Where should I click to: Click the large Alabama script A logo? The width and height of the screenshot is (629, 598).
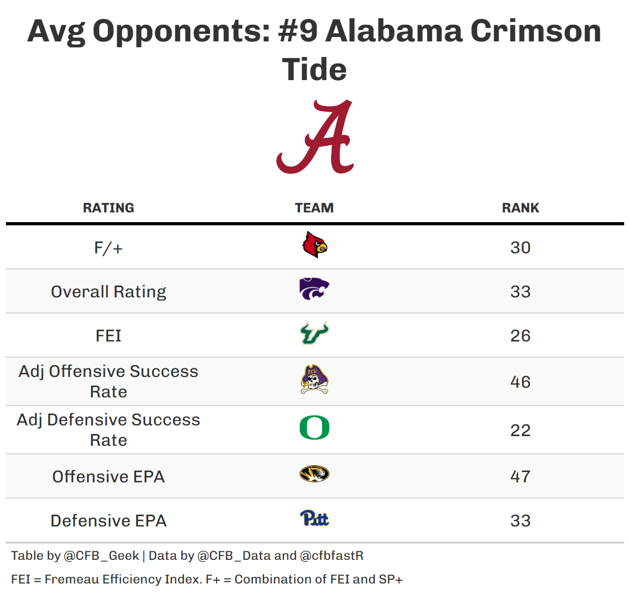pos(315,137)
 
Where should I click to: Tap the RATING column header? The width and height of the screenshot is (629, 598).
pos(109,208)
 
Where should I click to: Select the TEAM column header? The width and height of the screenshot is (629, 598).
pos(314,208)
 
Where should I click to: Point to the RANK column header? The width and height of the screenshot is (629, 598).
pos(520,208)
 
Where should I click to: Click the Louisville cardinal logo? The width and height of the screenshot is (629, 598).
pos(314,245)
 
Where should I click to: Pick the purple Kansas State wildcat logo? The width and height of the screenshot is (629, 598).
pos(314,289)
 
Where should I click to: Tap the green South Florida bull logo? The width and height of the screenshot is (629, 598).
pos(314,333)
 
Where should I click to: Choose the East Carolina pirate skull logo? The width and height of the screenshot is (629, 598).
pos(314,380)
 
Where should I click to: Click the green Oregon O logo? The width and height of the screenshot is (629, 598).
pos(314,428)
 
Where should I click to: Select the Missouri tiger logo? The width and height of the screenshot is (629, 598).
pos(314,474)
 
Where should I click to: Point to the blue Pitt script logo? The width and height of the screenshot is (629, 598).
pos(314,518)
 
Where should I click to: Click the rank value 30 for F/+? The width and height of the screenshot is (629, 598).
pos(520,248)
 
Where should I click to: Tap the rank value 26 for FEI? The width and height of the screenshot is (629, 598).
pos(520,336)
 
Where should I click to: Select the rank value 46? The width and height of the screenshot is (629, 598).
pos(520,382)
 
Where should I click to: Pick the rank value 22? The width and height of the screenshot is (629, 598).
pos(520,431)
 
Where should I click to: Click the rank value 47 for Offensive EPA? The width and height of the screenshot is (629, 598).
pos(520,477)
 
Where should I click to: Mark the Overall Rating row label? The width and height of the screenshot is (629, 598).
pos(109,292)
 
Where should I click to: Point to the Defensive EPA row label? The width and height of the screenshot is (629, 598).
pos(109,521)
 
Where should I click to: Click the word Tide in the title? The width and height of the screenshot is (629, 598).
pos(314,70)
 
